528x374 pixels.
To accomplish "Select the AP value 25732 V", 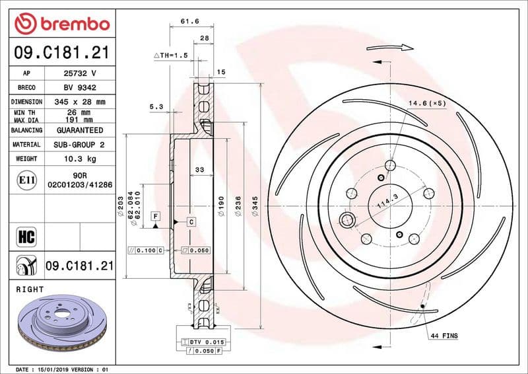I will [80, 73].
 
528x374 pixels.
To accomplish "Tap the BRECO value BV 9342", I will [80, 87].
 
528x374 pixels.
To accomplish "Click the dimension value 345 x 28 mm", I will [80, 102].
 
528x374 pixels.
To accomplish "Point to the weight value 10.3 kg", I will [80, 159].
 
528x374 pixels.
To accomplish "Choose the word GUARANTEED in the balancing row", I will [80, 130].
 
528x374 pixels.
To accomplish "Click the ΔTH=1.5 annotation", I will [171, 56].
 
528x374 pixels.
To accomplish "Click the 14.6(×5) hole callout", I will [427, 103].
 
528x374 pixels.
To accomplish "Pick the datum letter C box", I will [190, 221].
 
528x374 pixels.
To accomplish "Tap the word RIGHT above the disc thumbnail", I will [29, 289].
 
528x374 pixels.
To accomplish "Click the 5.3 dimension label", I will [156, 106].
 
